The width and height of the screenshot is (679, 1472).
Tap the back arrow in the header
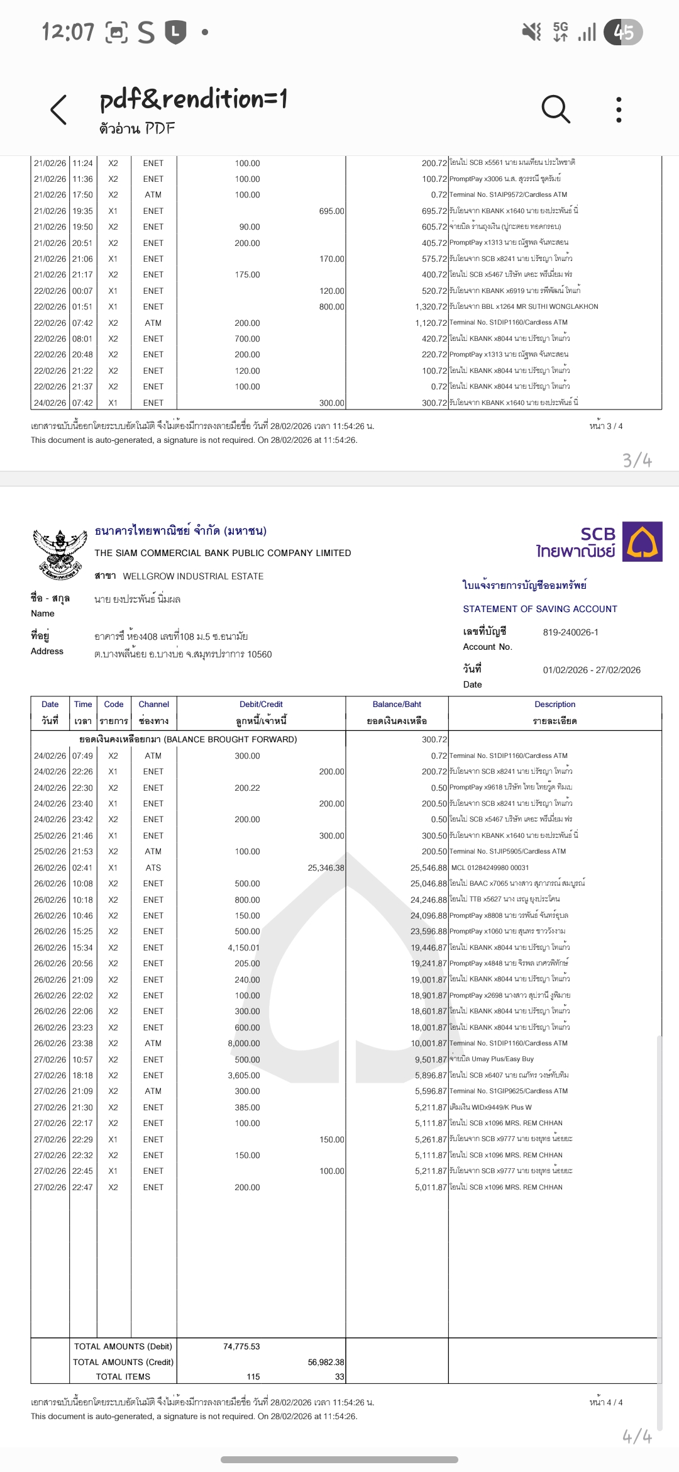click(x=58, y=110)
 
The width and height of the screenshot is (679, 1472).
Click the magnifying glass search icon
click(x=556, y=109)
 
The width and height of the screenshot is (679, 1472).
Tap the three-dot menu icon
click(x=619, y=110)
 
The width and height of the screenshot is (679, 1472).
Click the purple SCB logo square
click(x=642, y=542)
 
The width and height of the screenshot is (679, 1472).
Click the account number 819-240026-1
click(x=570, y=632)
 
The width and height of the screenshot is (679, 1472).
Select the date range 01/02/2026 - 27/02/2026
click(x=592, y=670)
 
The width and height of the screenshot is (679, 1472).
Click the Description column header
click(x=555, y=705)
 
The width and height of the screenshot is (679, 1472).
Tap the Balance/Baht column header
click(x=397, y=705)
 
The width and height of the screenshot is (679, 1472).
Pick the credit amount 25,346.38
click(x=326, y=867)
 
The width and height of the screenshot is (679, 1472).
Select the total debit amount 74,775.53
click(x=241, y=1346)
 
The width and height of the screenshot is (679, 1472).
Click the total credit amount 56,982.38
click(x=326, y=1362)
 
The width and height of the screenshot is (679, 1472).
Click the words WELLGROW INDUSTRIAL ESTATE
click(x=193, y=576)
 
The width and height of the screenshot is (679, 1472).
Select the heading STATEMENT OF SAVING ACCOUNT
click(x=540, y=609)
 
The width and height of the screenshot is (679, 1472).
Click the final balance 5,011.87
click(x=431, y=1187)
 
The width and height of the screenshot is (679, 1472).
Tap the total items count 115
click(x=253, y=1376)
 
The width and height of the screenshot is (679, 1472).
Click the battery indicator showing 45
click(x=623, y=32)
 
